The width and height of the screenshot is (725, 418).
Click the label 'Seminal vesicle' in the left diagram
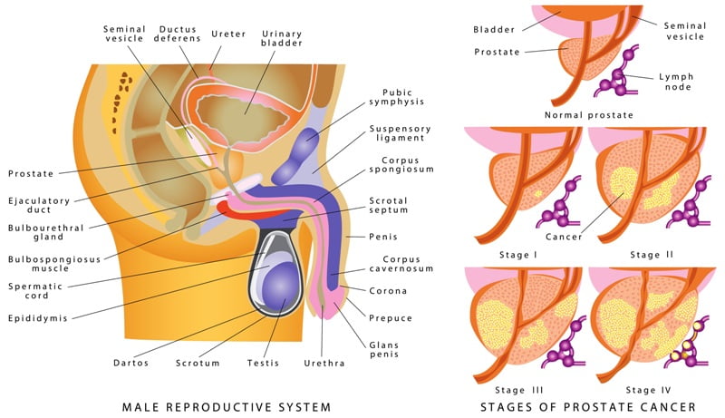tap(124, 34)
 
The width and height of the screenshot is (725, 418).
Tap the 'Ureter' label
tap(228, 34)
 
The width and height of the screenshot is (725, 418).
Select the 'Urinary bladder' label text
tap(281, 38)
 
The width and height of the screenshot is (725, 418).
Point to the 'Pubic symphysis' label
tap(397, 97)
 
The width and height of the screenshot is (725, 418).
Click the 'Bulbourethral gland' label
tap(46, 232)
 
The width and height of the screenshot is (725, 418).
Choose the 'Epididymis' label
tap(38, 318)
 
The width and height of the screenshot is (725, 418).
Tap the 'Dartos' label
tap(131, 363)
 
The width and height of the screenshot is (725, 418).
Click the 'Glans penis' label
tap(383, 350)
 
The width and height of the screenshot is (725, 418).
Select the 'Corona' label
tap(388, 291)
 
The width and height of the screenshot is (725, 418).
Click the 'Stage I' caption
tap(518, 255)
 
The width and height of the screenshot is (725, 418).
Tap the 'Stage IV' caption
tap(648, 390)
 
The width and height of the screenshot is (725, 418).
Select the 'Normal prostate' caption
tap(588, 115)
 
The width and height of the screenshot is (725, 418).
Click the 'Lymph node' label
tap(676, 82)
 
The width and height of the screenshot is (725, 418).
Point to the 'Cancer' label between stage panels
tap(564, 237)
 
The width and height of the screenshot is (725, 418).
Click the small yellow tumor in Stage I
tap(537, 194)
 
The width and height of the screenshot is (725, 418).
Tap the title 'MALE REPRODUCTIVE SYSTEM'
tap(227, 407)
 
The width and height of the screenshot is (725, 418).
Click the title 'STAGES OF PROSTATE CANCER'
tap(588, 407)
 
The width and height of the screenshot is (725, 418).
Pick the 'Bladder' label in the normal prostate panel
tap(494, 30)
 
